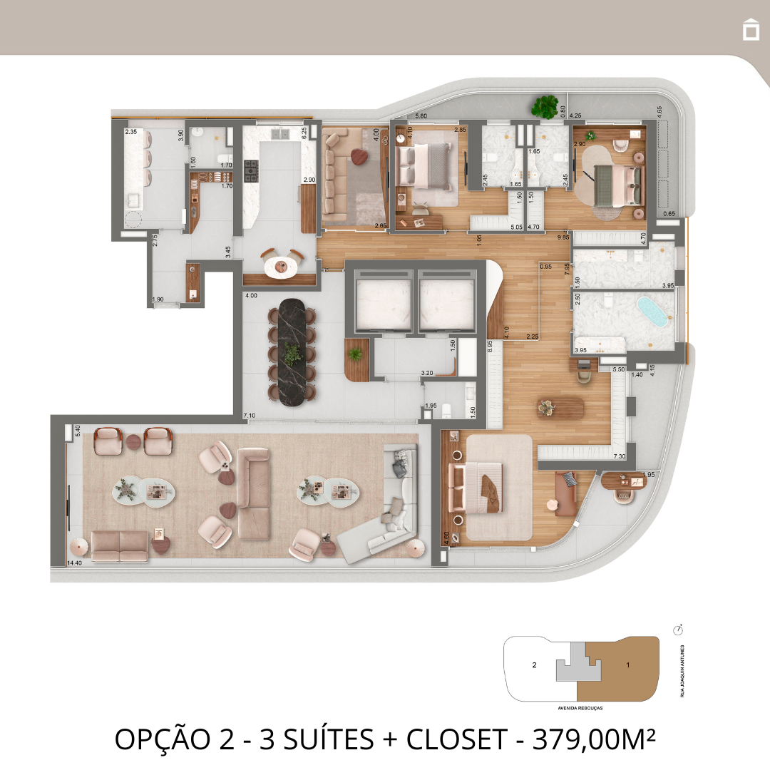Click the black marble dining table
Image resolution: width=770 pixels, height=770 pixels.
[x=293, y=352]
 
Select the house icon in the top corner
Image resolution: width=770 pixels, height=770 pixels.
[x=750, y=30]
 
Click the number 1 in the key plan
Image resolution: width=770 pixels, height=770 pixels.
[x=627, y=665]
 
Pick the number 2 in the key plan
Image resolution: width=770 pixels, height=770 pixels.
[x=534, y=665]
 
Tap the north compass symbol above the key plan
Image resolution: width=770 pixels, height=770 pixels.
[x=677, y=630]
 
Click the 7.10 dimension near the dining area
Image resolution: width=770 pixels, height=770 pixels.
[x=250, y=415]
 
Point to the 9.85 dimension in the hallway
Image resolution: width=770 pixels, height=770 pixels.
[x=563, y=237]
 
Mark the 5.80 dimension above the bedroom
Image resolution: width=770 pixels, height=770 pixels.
[x=421, y=115]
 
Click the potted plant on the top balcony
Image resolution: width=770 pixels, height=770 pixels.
[x=545, y=107]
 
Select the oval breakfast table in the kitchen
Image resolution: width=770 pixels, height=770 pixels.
[x=280, y=266]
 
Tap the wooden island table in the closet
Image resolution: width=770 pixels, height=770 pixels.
[x=560, y=408]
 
